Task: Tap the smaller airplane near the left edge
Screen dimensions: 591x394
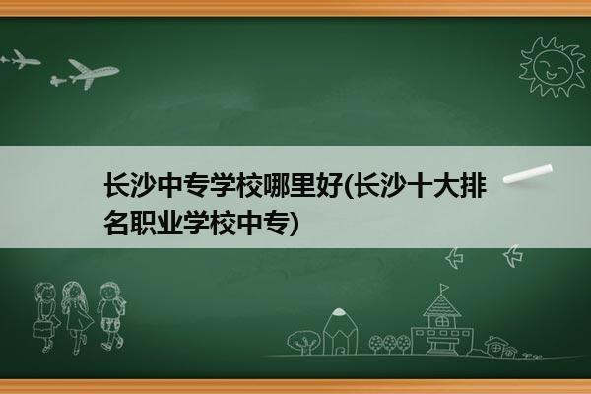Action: (25, 59)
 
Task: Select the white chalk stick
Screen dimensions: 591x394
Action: (528, 173)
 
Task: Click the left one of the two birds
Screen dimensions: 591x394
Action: (454, 258)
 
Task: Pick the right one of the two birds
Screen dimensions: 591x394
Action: (513, 256)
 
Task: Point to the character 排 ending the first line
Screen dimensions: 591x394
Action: (473, 185)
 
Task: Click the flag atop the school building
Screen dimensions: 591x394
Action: (444, 288)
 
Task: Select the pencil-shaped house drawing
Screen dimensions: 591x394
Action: (340, 332)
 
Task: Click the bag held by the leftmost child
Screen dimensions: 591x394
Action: (42, 329)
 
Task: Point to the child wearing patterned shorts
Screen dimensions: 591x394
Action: (111, 316)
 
